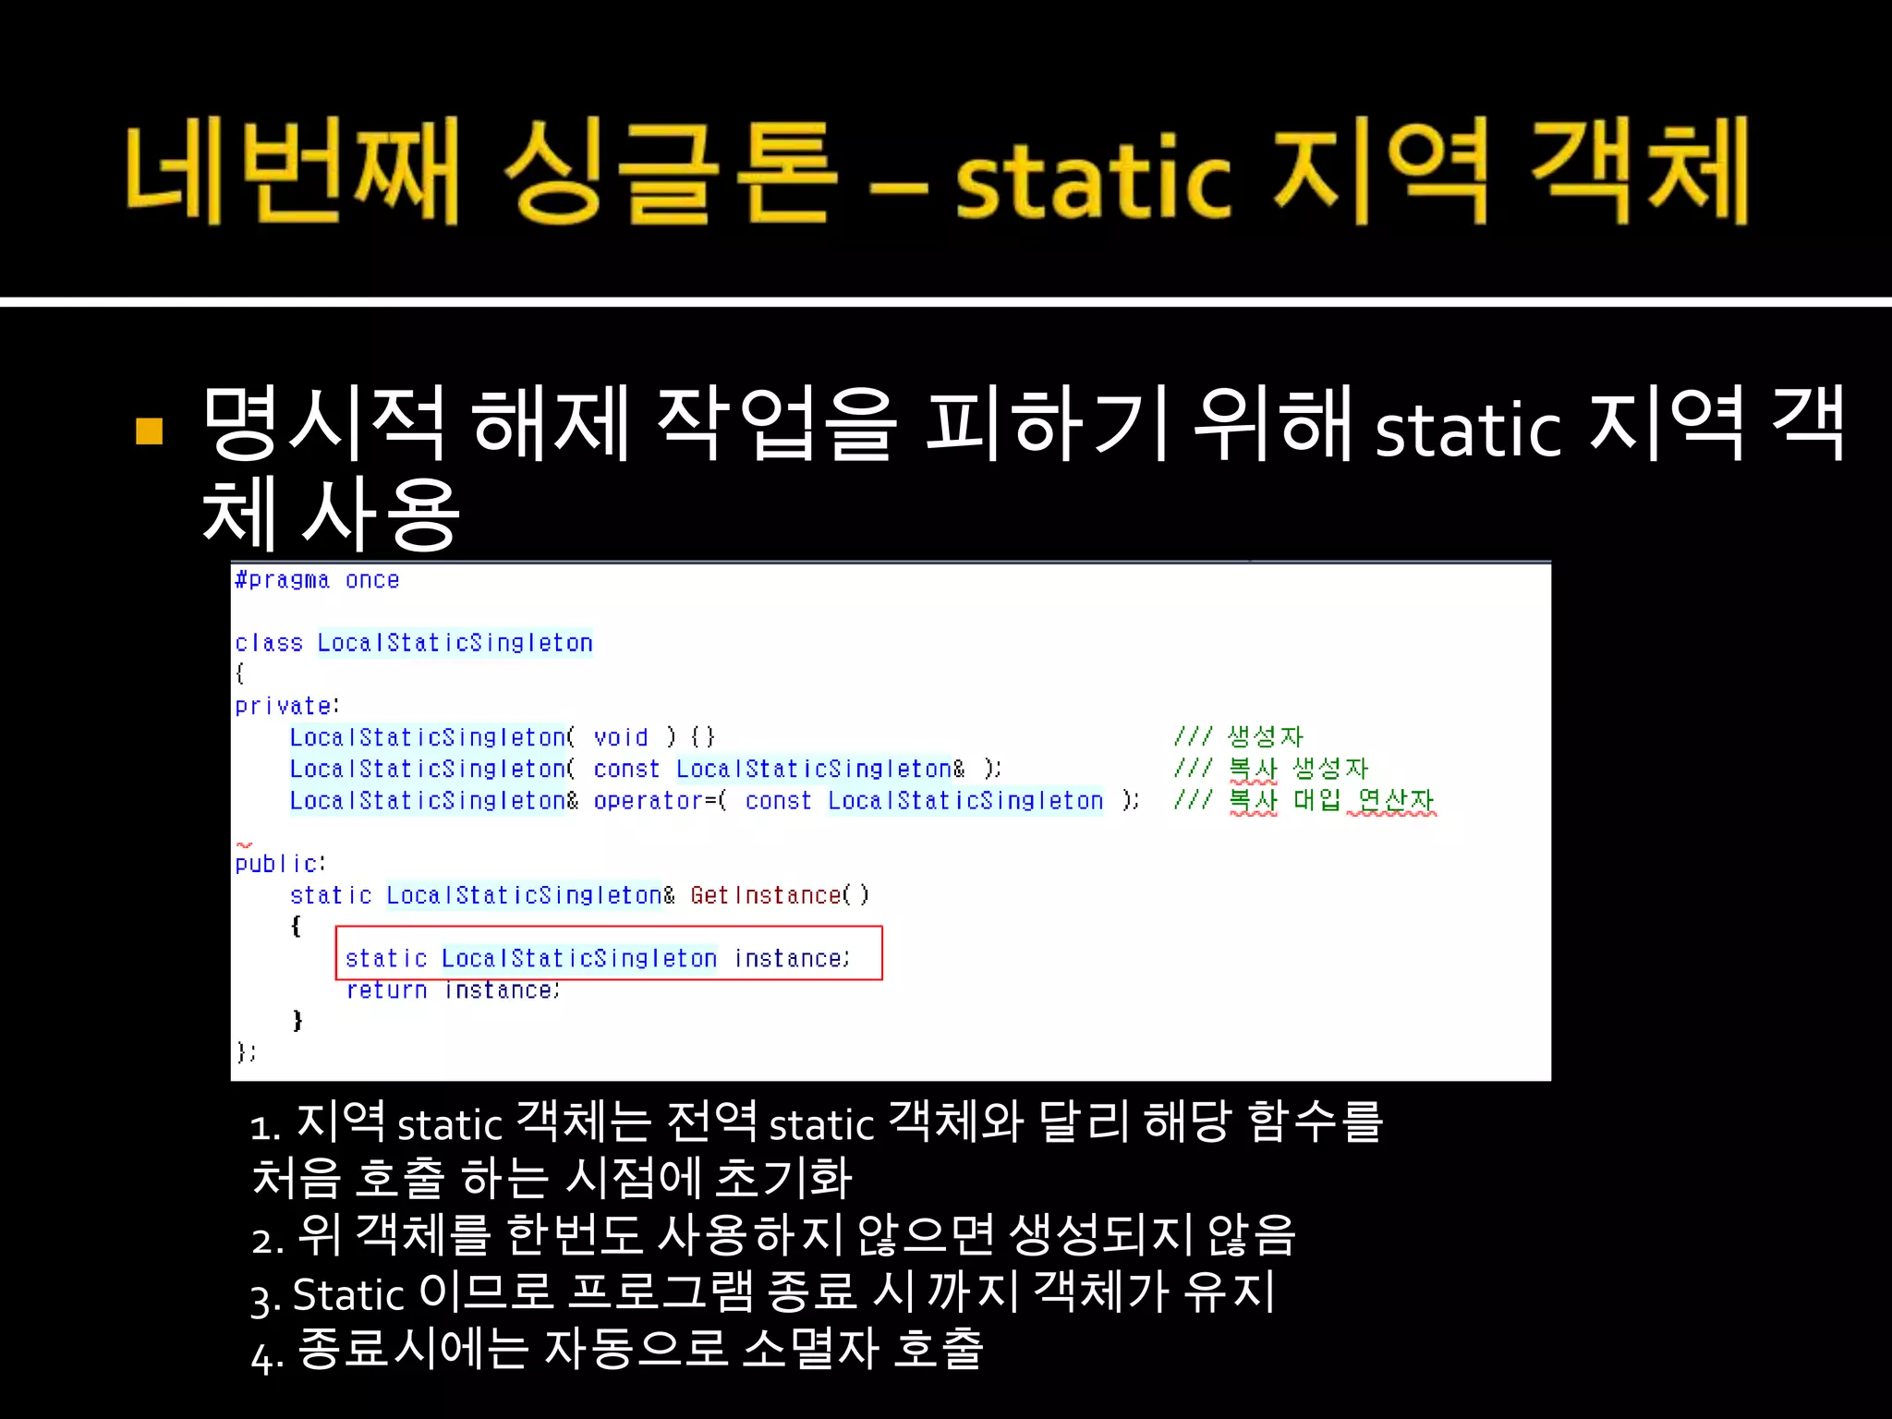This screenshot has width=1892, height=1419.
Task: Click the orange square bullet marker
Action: click(x=149, y=431)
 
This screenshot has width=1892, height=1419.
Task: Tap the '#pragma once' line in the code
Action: click(x=317, y=580)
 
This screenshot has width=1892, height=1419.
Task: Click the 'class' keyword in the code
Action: click(x=268, y=643)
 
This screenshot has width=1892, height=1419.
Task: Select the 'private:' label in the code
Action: click(x=286, y=707)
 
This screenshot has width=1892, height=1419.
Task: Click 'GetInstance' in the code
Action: click(x=765, y=895)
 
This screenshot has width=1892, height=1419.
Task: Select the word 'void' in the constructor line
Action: click(x=620, y=737)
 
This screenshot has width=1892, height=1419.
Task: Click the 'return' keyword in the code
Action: click(x=386, y=990)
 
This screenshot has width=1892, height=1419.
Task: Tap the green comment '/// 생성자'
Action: click(x=1238, y=736)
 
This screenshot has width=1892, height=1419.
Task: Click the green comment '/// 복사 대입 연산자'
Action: click(x=1304, y=800)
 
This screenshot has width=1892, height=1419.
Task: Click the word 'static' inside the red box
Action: click(x=385, y=959)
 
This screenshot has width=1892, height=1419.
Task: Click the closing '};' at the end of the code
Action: click(x=246, y=1052)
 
